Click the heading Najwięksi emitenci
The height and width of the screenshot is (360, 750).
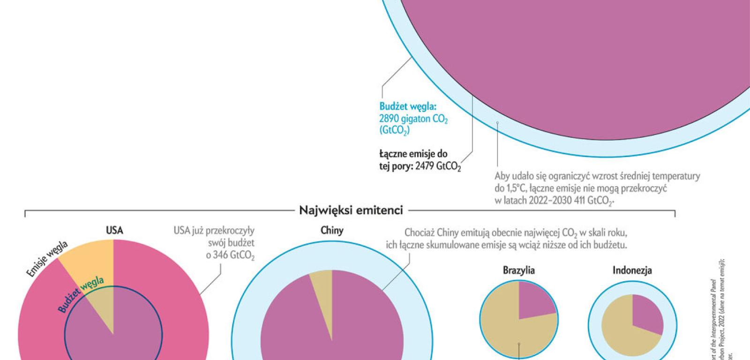point(351,210)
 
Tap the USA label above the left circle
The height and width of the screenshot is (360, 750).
point(114,230)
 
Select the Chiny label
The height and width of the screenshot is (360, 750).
point(332,230)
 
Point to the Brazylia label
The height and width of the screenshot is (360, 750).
point(519,270)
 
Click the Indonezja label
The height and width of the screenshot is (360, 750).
point(632,270)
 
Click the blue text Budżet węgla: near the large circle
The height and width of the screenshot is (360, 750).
point(407,107)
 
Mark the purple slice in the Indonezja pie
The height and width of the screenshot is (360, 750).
point(647,314)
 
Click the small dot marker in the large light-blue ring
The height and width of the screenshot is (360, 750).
point(497,123)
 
